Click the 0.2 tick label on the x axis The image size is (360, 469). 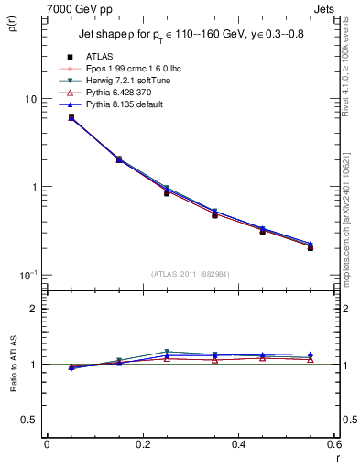[x=142, y=445]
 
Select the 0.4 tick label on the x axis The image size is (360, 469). [x=240, y=445]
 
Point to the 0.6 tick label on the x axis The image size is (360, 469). [x=335, y=445]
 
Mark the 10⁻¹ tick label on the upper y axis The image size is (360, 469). [x=27, y=275]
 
